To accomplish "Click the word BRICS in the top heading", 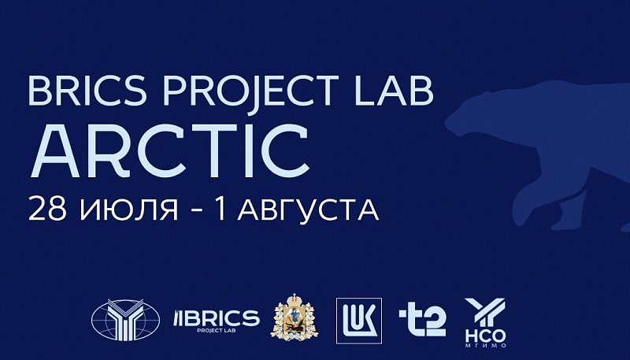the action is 87,91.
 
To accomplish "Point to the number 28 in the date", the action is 47,210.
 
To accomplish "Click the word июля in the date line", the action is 128,210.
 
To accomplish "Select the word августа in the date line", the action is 308,210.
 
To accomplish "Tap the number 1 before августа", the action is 220,209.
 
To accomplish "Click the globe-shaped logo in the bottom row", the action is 125,320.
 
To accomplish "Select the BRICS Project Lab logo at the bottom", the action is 216,321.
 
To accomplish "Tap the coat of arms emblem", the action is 295,317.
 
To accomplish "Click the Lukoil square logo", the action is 359,321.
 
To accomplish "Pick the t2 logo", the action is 422,321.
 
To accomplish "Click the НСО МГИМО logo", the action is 485,323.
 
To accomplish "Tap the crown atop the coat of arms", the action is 295,299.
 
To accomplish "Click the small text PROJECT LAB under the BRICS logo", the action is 216,331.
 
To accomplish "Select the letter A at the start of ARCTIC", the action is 55,151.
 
